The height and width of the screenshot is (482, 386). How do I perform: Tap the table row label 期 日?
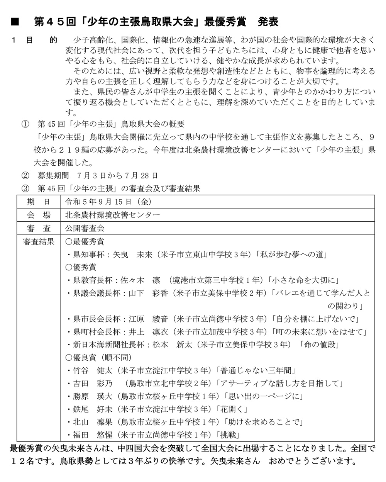point(39,202)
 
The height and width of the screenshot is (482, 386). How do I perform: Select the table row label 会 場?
point(39,215)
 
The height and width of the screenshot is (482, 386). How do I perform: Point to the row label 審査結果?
point(39,242)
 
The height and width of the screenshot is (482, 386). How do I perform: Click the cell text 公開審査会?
point(85,228)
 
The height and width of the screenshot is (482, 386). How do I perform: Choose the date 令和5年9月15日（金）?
point(108,202)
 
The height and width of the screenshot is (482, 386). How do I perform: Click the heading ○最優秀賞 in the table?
point(85,242)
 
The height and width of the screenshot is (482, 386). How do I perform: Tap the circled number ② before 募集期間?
point(25,176)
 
